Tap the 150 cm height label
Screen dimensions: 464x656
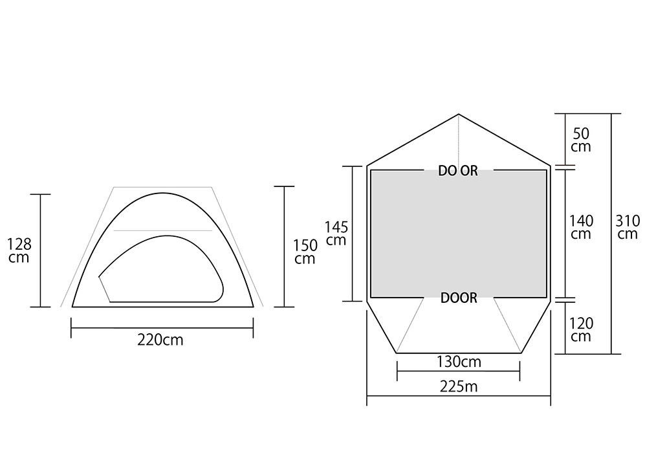click(x=305, y=252)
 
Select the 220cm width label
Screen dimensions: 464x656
click(x=160, y=340)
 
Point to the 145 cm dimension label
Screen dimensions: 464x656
click(x=336, y=234)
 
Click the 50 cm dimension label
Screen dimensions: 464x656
click(x=581, y=140)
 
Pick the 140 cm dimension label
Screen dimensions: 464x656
click(x=581, y=227)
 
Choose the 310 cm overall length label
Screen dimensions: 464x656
click(x=628, y=227)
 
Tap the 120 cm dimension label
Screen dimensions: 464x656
click(x=581, y=329)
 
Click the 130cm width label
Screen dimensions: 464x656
click(x=459, y=361)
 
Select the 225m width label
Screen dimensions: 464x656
click(x=459, y=386)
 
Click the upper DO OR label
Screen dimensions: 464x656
click(x=458, y=171)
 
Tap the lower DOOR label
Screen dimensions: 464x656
click(x=459, y=298)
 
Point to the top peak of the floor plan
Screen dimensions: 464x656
click(x=459, y=115)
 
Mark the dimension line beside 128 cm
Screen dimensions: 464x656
click(x=41, y=250)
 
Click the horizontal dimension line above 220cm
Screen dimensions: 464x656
click(x=162, y=328)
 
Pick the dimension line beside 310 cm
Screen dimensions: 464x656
click(x=611, y=194)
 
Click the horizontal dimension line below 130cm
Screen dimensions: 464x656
click(x=459, y=371)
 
